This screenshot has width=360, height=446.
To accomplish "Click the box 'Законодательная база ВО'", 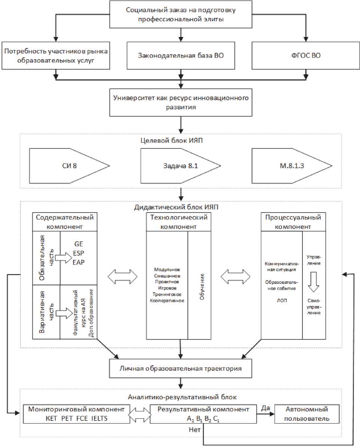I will [x=181, y=56].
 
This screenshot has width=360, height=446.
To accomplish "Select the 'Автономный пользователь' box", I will [x=307, y=414].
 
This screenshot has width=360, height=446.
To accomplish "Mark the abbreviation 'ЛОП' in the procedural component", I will [x=282, y=300].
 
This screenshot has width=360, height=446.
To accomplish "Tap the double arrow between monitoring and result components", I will [x=139, y=414].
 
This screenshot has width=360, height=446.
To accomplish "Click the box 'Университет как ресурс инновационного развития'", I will [x=181, y=102].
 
